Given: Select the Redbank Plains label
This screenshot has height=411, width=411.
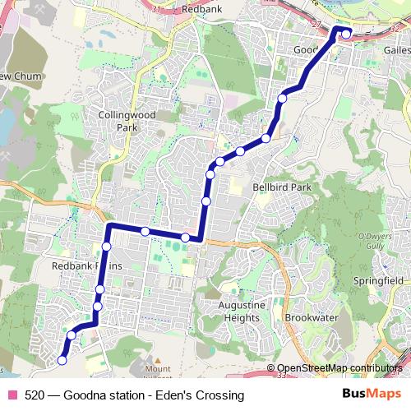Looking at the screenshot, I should (87, 266).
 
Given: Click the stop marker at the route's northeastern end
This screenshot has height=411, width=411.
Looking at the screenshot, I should (346, 34).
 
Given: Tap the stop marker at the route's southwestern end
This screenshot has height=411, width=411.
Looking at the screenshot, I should (62, 360).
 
